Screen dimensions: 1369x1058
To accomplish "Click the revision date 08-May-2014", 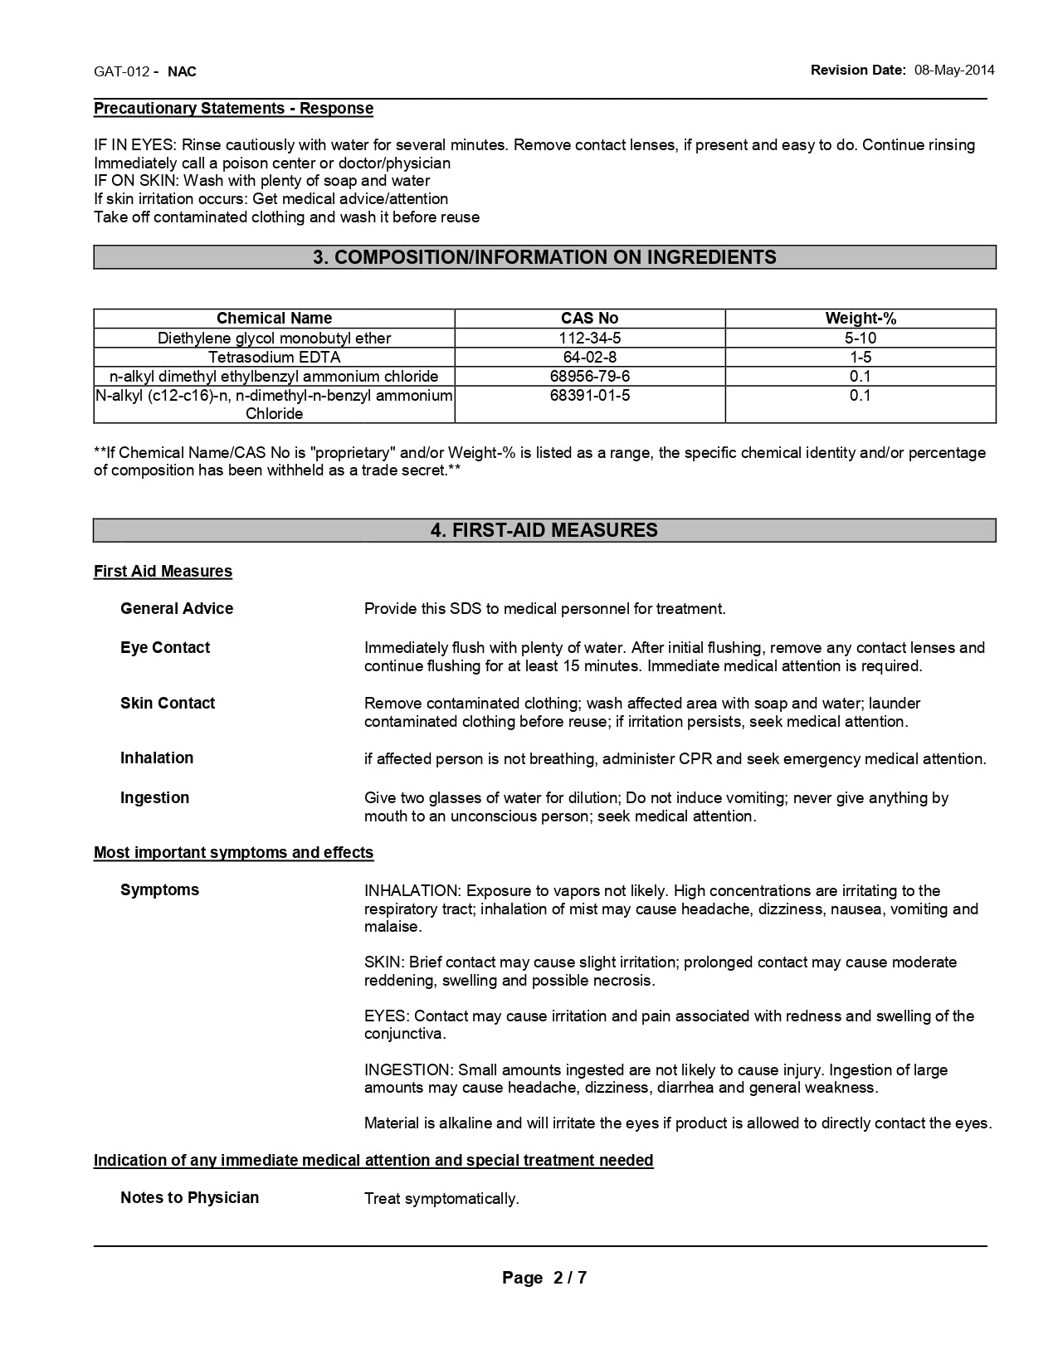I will [954, 71].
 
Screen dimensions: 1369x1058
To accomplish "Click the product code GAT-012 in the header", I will [121, 71].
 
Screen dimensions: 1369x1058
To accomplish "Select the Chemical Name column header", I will [274, 319].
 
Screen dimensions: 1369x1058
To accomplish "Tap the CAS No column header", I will [589, 319].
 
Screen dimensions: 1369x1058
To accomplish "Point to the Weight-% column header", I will [861, 319].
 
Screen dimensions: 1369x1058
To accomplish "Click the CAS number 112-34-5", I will [589, 339].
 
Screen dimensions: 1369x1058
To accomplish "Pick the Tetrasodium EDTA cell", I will [274, 358].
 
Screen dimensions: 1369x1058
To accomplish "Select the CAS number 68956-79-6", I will [589, 377].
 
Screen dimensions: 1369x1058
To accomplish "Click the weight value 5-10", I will [861, 339].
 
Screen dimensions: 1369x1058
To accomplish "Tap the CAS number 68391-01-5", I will [589, 396].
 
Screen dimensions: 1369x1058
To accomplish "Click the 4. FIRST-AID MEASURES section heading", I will [544, 531].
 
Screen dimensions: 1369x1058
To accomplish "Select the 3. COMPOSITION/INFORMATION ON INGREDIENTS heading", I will [544, 257].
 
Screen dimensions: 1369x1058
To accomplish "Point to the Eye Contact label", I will [165, 648].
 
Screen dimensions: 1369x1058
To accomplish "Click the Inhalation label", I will [157, 758].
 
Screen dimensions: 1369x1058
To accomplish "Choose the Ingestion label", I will [154, 798].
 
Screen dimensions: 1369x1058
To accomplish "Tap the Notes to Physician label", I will [189, 1198].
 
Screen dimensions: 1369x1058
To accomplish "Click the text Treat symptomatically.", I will [441, 1199].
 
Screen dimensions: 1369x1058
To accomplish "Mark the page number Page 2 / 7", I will [544, 1279].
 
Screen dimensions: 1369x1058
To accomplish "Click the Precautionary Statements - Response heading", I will [233, 109].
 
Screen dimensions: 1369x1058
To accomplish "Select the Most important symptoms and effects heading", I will [233, 853].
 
